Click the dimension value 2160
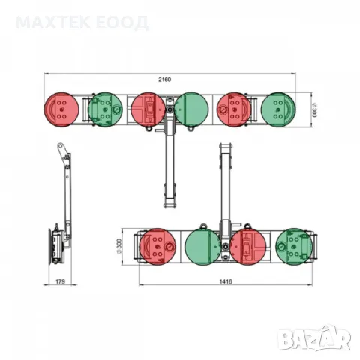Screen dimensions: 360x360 165,79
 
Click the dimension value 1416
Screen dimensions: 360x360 226,281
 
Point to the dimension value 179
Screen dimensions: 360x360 60,281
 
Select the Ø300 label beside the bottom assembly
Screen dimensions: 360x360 119,247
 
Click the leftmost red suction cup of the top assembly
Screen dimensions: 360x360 61,109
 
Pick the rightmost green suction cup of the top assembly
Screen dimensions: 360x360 278,109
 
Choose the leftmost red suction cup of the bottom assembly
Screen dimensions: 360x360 157,247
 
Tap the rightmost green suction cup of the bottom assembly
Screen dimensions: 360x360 294,247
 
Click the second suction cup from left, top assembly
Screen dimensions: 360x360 105,109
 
